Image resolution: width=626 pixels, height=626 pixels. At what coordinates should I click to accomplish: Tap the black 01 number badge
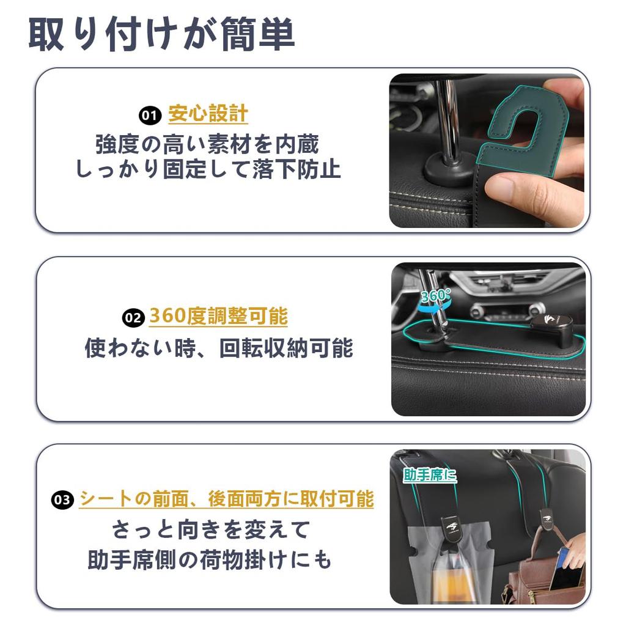point(149,115)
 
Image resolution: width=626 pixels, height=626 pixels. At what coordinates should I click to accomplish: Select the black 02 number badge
point(133,318)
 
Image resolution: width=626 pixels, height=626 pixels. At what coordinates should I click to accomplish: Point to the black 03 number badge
point(63,500)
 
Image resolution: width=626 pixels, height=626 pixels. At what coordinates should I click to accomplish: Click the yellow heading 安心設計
point(208,114)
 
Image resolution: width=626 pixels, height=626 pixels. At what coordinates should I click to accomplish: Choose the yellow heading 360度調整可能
point(218,317)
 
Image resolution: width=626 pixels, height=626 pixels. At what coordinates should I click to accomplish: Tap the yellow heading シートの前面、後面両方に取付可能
point(226,499)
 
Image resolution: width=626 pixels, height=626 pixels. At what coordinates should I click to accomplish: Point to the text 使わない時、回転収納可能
point(219,348)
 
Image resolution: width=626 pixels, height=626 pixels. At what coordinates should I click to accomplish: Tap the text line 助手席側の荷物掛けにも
point(210,560)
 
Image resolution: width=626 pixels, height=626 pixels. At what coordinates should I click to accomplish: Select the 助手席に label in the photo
point(430,474)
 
